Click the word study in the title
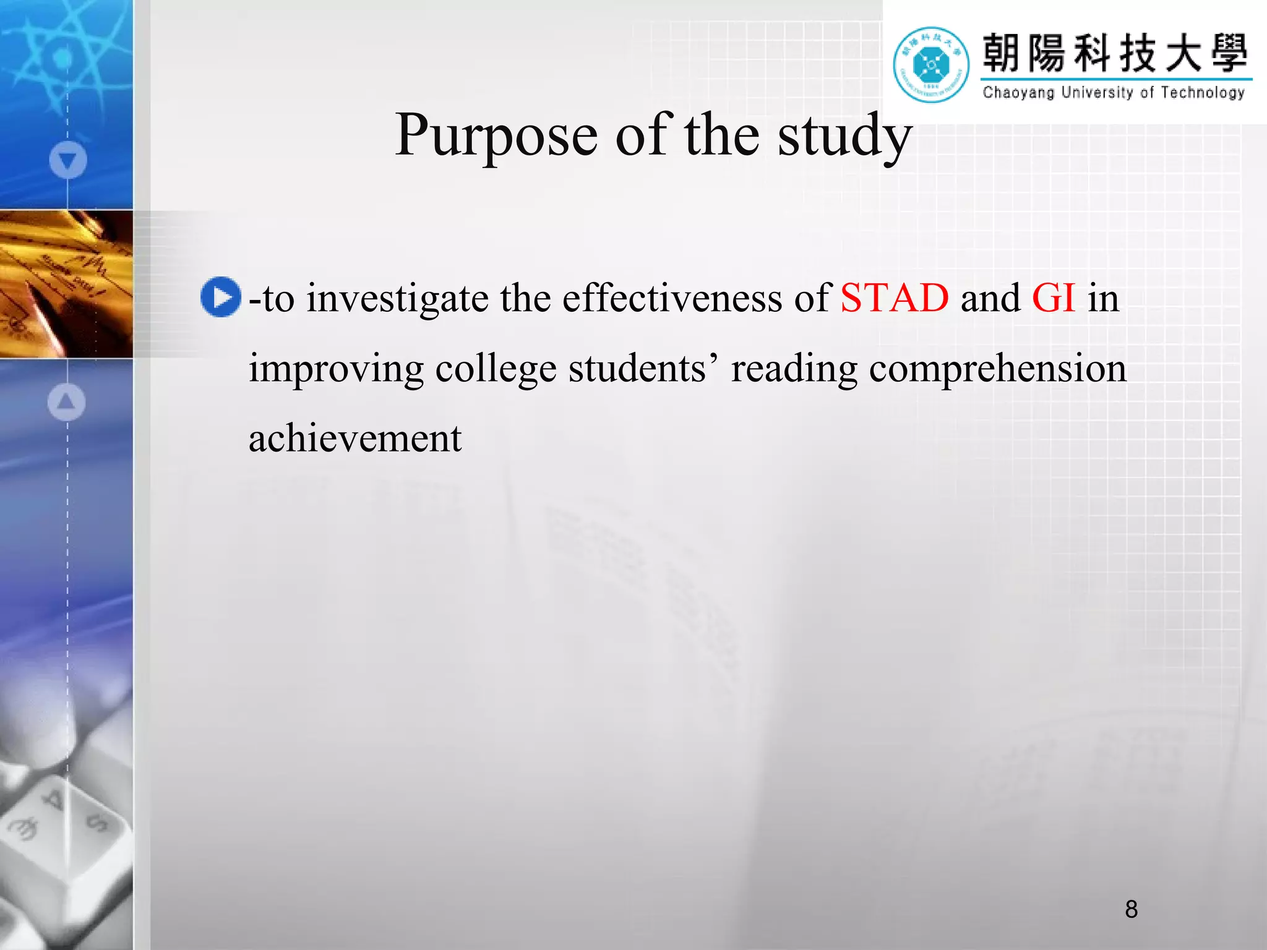coord(844,136)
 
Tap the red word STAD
coord(894,298)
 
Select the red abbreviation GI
coord(1054,298)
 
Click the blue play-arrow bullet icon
coord(220,297)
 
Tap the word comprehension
coord(997,369)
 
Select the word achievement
coord(355,439)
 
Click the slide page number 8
coord(1131,909)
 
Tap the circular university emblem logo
coord(930,64)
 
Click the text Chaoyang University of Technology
coord(1113,93)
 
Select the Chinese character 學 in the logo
coord(1229,53)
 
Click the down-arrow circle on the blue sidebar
coord(68,160)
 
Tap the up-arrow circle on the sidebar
coord(66,402)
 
